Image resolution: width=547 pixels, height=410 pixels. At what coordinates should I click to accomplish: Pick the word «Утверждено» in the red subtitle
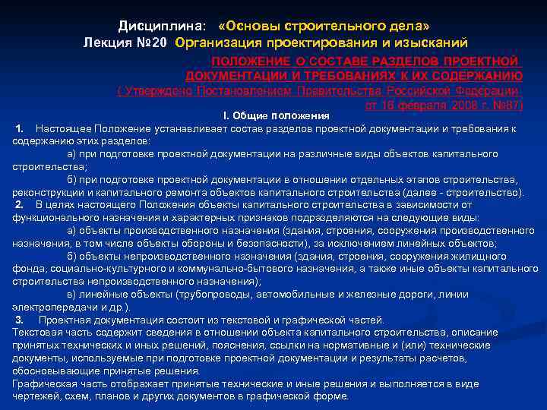click(x=157, y=90)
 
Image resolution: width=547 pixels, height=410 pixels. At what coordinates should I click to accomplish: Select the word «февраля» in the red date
click(x=413, y=105)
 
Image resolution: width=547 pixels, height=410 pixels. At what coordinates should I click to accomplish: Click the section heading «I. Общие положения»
click(x=276, y=115)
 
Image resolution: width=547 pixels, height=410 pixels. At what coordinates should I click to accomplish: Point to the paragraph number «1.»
click(x=21, y=128)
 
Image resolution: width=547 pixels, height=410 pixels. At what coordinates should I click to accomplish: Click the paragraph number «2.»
click(x=21, y=203)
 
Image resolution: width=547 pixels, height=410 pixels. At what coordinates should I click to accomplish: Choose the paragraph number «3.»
click(x=21, y=319)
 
